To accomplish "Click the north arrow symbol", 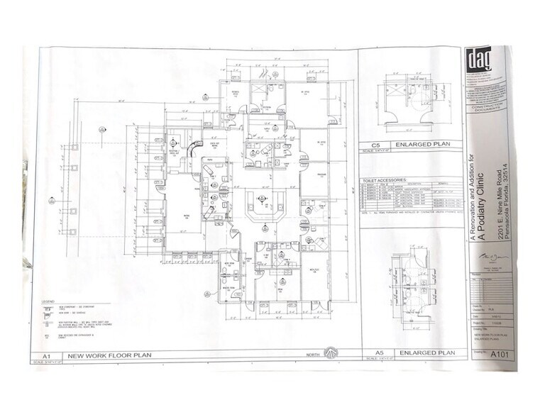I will pyautogui.click(x=329, y=352).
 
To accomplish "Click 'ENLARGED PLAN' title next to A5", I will pyautogui.click(x=426, y=352).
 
